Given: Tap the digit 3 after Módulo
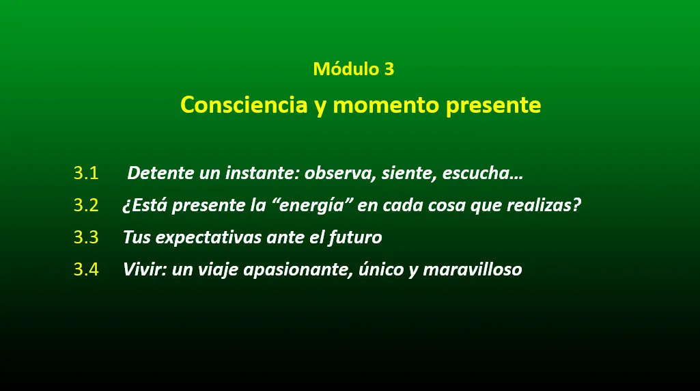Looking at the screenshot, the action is point(389,69).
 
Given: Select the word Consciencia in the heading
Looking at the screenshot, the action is point(244,105).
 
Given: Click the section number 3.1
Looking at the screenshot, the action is point(86,173).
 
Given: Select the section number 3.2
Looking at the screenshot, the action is point(86,205).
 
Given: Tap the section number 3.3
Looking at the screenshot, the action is point(86,237).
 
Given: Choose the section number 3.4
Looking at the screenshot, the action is point(86,269).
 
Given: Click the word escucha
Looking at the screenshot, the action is point(476,174).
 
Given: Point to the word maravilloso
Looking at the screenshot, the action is point(473,269).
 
